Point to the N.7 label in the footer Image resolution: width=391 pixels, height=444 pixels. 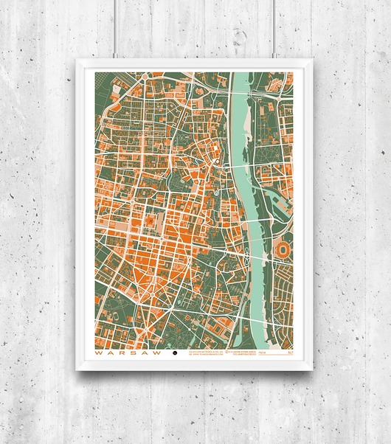point(290,353)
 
